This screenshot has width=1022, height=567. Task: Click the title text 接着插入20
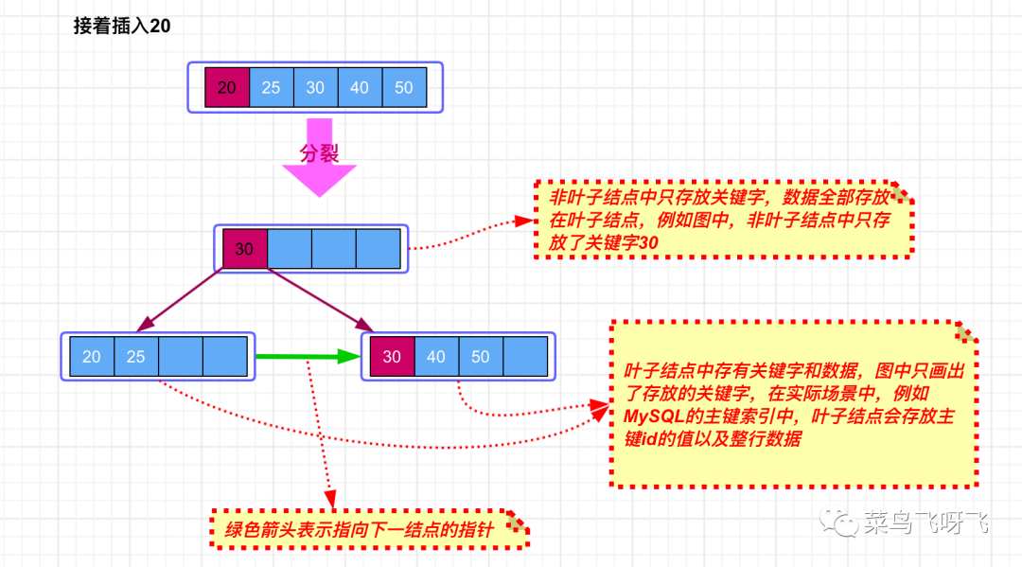click(x=122, y=27)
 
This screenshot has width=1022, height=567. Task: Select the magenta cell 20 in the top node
click(x=227, y=87)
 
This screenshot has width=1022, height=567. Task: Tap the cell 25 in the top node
click(x=272, y=87)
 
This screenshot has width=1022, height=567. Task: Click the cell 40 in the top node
click(x=360, y=87)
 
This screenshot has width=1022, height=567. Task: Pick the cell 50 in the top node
click(x=404, y=87)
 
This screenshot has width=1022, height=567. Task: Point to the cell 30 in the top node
click(x=315, y=87)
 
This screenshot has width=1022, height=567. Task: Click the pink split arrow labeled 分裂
click(x=320, y=158)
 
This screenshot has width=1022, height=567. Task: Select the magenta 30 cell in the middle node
click(x=244, y=248)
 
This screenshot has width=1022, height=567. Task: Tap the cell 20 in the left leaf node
click(x=92, y=357)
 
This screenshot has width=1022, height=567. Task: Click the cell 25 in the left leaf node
click(x=136, y=357)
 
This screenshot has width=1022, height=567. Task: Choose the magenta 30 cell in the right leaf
click(x=392, y=357)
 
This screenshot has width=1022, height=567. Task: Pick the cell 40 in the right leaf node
click(x=436, y=357)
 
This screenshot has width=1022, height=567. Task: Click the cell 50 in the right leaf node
click(x=481, y=357)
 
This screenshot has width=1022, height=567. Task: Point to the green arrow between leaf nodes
click(x=308, y=357)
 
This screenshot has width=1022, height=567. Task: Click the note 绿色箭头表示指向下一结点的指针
click(x=370, y=529)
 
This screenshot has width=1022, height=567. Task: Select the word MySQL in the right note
click(x=654, y=416)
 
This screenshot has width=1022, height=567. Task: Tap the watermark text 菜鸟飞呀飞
click(x=926, y=522)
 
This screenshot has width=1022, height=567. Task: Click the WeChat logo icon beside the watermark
click(x=839, y=522)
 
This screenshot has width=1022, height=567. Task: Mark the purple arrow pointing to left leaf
click(x=179, y=300)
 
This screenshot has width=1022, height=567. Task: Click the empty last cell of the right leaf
click(x=525, y=357)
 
